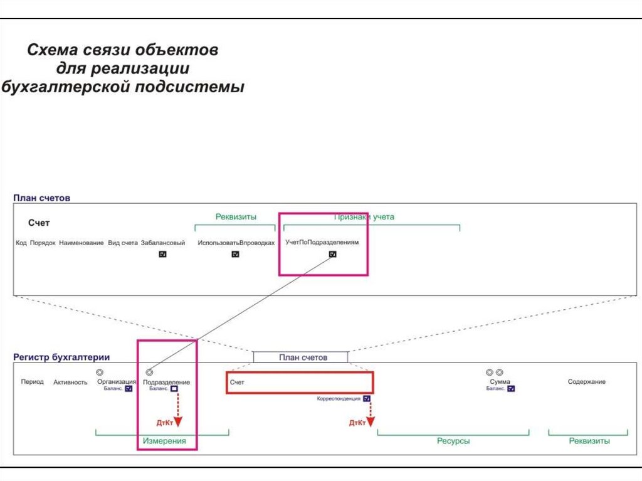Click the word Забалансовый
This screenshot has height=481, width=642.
163,243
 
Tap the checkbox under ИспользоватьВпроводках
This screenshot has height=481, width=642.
236,254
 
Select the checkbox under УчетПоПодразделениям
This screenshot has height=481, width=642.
333,254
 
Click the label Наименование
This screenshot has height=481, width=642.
82,243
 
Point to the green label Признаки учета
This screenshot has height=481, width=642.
364,217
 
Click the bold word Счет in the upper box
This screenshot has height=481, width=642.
39,223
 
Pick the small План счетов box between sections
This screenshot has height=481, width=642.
300,357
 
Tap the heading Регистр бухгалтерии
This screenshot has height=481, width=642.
61,357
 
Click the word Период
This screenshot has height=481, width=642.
32,381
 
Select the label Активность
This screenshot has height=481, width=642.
70,382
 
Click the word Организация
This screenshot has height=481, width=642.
117,381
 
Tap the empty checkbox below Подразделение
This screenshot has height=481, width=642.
174,389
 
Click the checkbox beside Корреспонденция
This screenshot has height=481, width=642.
367,398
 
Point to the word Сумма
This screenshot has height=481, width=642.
500,382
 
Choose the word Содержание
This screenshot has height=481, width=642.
586,382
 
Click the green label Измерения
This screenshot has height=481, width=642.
164,441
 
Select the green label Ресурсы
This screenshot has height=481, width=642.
453,441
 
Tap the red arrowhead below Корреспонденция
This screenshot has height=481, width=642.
371,423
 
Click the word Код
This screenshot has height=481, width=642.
21,243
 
